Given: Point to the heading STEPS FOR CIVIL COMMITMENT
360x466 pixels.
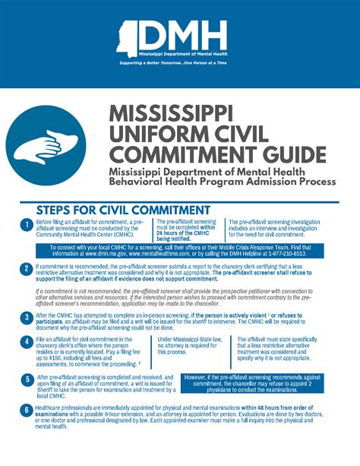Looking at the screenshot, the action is (x=123, y=209).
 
